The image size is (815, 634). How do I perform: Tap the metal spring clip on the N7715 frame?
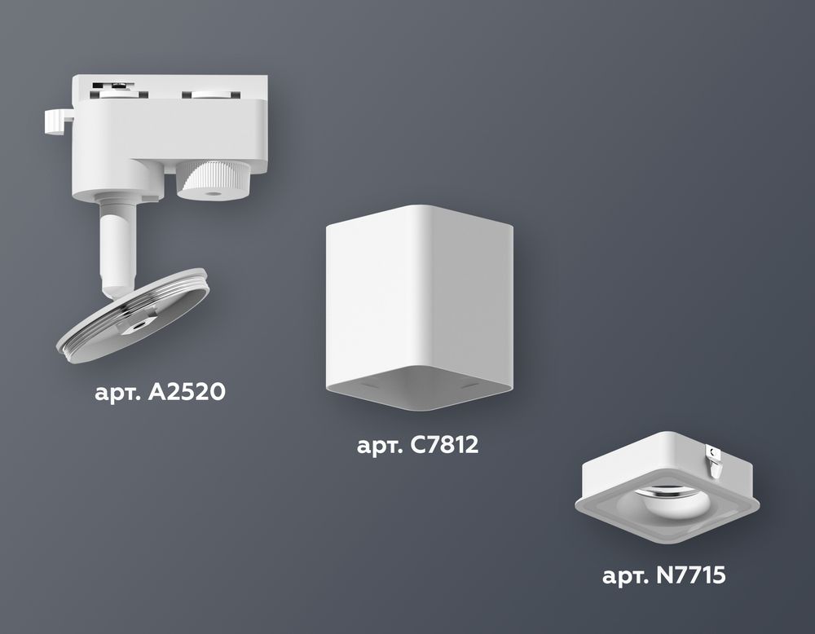[x=715, y=461]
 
